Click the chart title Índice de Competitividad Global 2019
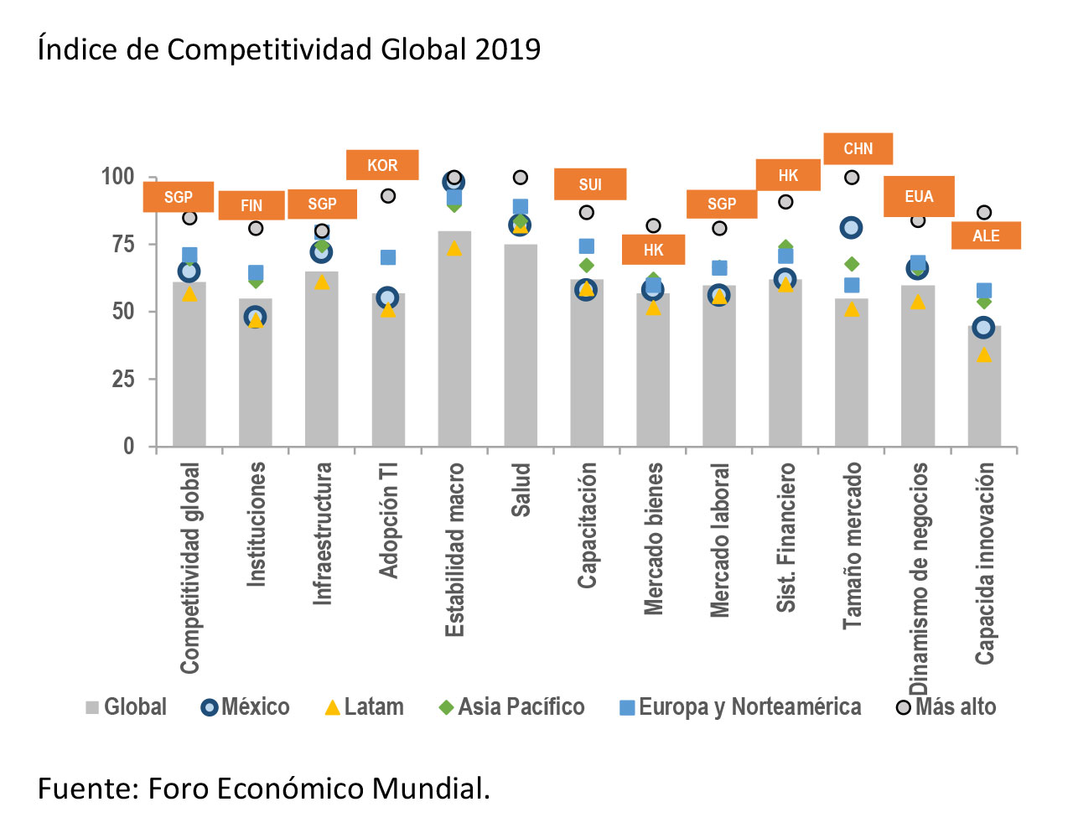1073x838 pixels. (289, 50)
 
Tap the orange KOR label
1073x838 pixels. (382, 165)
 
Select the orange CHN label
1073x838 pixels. (858, 148)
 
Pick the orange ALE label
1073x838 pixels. (986, 235)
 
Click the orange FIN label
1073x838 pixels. (251, 205)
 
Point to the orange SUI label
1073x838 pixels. (590, 184)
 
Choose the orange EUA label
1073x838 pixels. (919, 196)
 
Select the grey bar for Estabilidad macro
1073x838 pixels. (454, 352)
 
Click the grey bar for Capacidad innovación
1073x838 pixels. (984, 394)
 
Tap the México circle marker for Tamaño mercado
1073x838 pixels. (852, 227)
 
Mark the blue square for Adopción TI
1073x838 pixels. (388, 257)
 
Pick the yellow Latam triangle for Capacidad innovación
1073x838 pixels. (984, 354)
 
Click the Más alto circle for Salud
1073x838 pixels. (521, 178)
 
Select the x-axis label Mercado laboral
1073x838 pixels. (720, 541)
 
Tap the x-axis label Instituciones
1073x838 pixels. (256, 524)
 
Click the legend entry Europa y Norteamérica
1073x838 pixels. (740, 707)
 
